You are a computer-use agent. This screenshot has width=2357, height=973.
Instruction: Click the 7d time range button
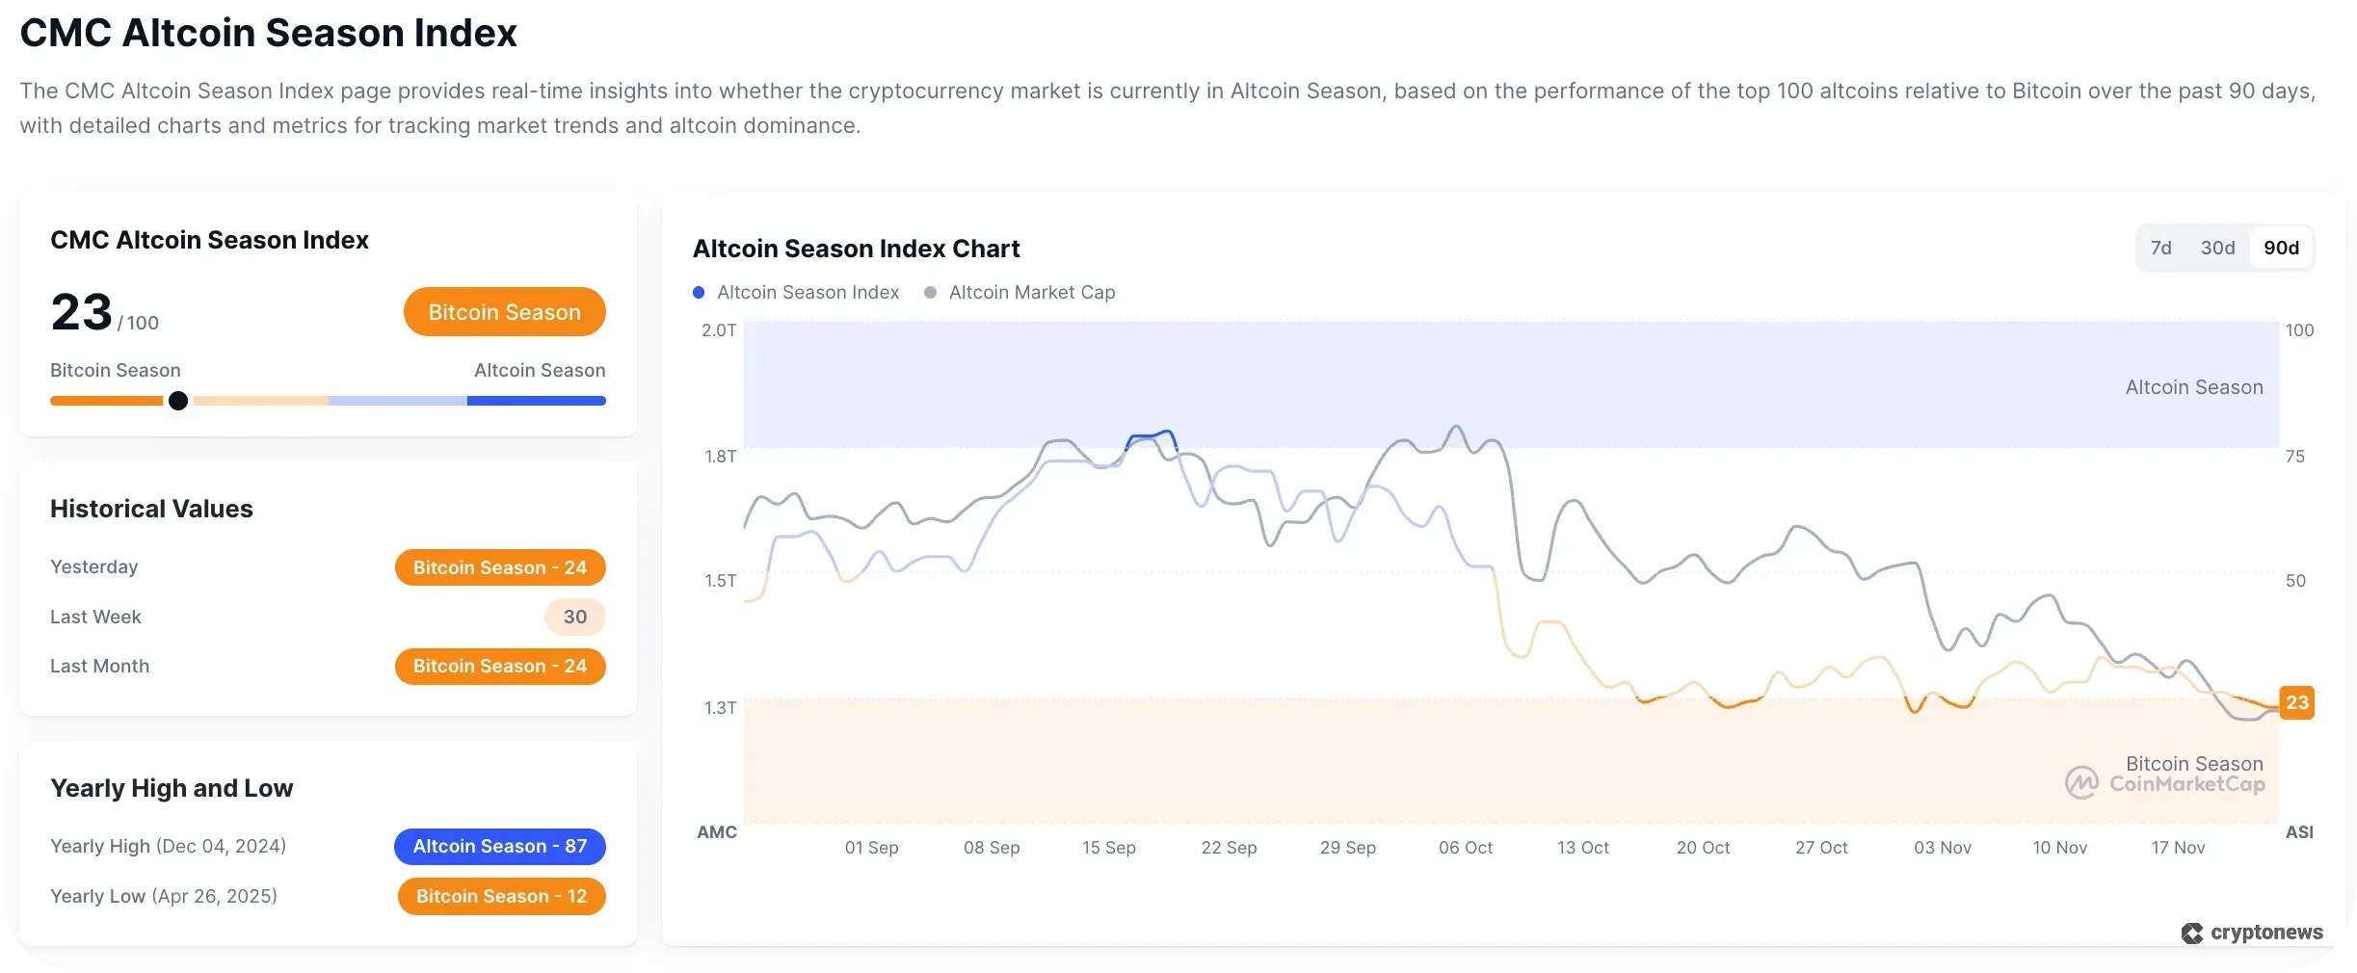(2160, 248)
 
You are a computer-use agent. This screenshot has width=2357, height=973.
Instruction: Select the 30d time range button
(2217, 248)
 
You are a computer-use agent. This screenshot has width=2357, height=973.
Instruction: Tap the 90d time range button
(2281, 248)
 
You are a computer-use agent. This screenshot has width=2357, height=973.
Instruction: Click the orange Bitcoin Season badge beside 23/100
(504, 312)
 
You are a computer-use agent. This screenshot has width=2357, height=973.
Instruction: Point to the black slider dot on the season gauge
(178, 401)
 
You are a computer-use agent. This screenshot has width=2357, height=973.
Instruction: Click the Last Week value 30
(574, 617)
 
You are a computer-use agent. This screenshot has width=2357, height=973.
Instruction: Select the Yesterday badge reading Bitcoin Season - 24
(500, 567)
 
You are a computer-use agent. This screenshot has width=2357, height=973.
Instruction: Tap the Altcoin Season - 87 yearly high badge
(499, 846)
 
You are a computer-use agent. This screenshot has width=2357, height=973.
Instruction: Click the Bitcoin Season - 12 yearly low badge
(501, 896)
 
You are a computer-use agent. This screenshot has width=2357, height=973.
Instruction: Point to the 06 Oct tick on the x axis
(1465, 848)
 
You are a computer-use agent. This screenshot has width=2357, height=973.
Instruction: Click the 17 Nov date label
(2178, 848)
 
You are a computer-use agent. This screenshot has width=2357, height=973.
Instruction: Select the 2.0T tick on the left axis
(719, 330)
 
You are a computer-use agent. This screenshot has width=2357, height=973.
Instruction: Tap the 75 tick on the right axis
(2294, 457)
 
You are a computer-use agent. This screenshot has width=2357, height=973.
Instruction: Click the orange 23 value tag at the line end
(2296, 702)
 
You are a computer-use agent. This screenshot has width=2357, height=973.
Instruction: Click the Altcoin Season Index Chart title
(856, 249)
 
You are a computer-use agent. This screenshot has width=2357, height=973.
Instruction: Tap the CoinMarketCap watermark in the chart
(2165, 783)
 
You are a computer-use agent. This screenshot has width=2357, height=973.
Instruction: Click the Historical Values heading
(151, 509)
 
